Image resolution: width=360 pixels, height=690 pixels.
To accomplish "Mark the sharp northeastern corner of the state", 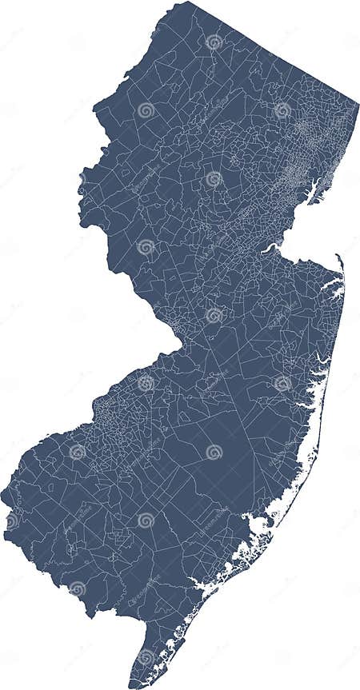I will (357, 103).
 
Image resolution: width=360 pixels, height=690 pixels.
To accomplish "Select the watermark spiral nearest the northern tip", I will (214, 41).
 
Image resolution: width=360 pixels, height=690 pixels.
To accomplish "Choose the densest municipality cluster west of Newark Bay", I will (296, 172).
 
